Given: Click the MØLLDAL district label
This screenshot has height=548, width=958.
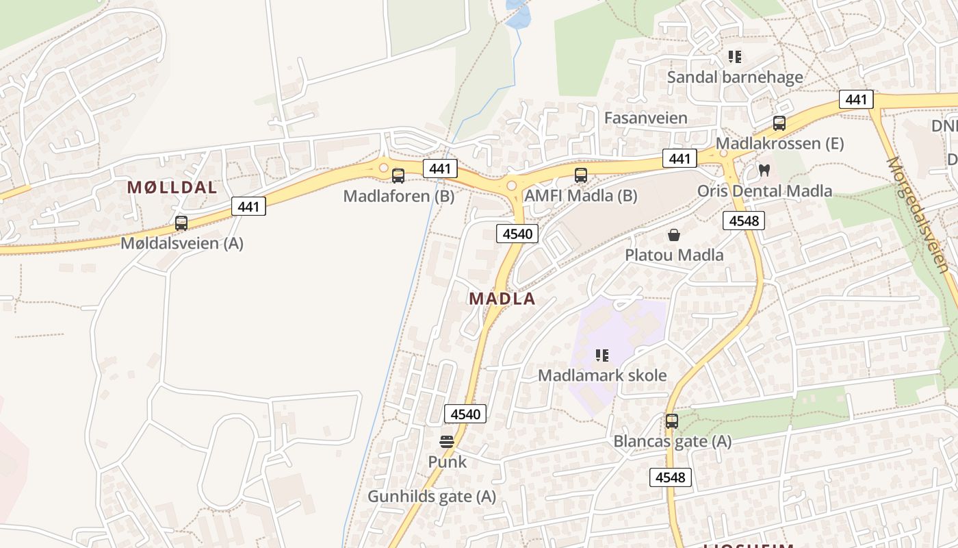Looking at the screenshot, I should tap(172, 188).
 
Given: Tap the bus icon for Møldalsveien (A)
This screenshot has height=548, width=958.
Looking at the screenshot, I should tap(181, 223).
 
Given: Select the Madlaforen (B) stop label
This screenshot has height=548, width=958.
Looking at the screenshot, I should tap(398, 197).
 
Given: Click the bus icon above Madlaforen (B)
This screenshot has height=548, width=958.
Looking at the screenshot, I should tap(398, 176).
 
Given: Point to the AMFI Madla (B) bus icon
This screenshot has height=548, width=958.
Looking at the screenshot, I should tap(581, 175).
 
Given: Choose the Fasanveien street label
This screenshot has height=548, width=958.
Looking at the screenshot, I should tap(645, 118).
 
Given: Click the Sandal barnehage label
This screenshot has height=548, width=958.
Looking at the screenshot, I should tap(735, 77).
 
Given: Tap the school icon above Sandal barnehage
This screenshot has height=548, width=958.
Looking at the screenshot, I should tap(735, 56).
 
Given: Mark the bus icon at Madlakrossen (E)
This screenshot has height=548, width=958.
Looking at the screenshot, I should tap(779, 123).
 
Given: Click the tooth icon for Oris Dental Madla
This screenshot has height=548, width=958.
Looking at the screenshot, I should tap(764, 170).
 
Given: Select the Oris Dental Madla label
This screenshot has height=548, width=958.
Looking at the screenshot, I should tap(764, 190).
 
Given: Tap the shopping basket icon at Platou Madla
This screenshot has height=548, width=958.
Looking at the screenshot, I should tap(674, 235).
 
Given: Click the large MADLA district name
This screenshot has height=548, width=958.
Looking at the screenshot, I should tap(502, 299).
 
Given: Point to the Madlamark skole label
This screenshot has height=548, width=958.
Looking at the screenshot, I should tap(602, 375).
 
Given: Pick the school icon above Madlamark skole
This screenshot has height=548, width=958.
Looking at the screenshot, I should tap(602, 355).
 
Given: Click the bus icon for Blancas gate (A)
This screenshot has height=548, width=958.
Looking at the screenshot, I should tap(672, 421).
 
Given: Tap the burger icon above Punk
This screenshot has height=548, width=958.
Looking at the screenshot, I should tap(447, 442).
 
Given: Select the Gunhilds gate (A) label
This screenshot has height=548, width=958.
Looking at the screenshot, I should tap(432, 496).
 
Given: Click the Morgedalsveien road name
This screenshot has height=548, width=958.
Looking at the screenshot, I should tap(917, 214).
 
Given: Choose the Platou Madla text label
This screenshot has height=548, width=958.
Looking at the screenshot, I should tap(674, 256).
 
